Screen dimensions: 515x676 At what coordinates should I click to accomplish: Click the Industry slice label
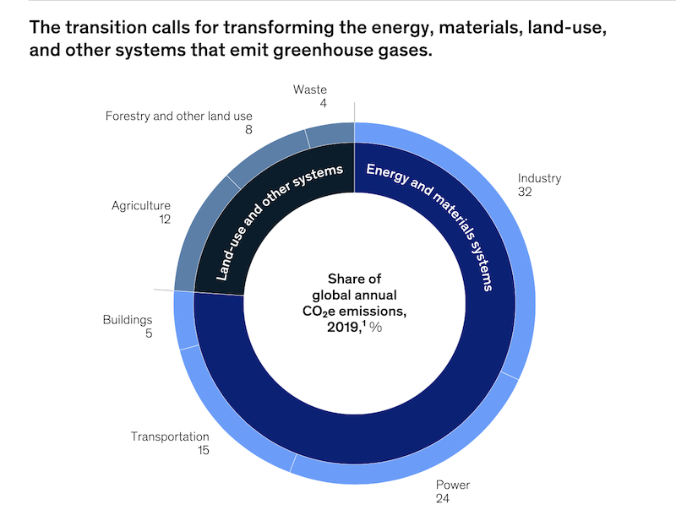click(539, 178)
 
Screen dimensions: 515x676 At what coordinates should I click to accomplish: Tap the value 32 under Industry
click(526, 192)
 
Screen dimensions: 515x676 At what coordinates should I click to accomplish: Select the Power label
click(452, 485)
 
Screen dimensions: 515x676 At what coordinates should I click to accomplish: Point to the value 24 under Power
click(443, 499)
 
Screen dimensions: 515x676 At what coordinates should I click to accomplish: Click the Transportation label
click(169, 436)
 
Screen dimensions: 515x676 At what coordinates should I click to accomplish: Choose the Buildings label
click(128, 320)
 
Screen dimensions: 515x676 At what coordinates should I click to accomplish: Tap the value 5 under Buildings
click(148, 333)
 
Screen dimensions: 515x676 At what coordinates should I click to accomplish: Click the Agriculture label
click(141, 205)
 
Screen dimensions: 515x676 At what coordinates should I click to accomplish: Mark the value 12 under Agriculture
click(164, 220)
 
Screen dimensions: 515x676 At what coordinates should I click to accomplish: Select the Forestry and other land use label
click(178, 116)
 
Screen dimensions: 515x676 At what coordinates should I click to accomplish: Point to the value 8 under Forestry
click(248, 130)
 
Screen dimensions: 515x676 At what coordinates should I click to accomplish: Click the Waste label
click(310, 89)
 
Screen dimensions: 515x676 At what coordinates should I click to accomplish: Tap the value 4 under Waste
click(323, 104)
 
